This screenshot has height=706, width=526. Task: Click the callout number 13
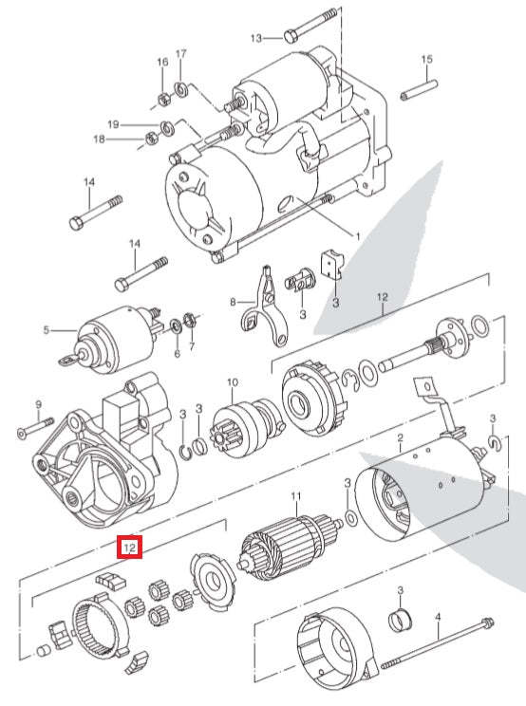(255, 39)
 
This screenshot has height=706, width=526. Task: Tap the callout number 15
(426, 60)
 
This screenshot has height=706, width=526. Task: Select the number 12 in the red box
(129, 548)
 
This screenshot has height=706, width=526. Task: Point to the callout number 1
(357, 235)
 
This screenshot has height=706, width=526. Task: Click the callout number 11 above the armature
(295, 496)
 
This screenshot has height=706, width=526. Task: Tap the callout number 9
(39, 403)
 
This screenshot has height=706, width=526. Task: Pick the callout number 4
(438, 617)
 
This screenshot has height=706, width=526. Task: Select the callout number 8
(231, 303)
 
